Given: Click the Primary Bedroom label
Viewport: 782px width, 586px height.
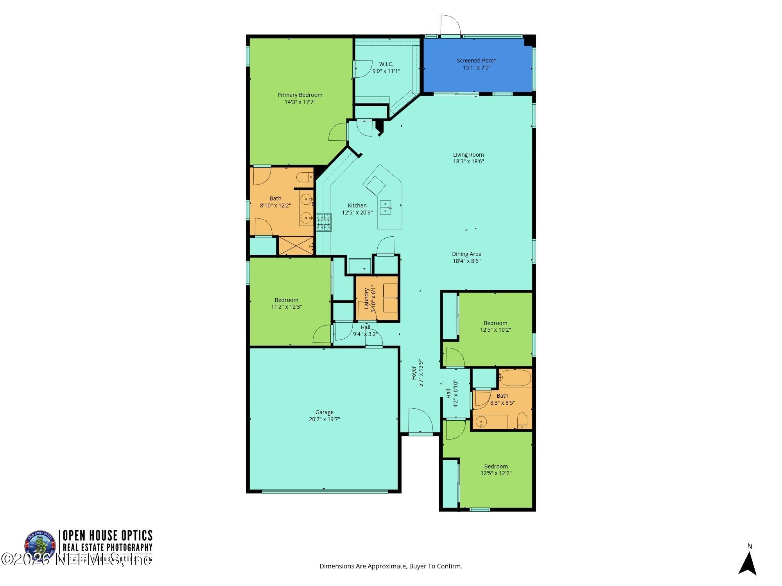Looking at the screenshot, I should [x=300, y=95].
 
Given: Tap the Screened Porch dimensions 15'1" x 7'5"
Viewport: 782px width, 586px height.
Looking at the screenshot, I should [x=476, y=68].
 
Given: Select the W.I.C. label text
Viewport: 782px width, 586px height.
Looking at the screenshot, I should [x=386, y=64].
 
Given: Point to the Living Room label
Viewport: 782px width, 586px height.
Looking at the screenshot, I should [x=468, y=155].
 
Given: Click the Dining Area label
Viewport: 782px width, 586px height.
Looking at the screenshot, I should [x=466, y=254].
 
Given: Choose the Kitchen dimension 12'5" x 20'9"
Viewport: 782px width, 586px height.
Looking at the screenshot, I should [x=357, y=213].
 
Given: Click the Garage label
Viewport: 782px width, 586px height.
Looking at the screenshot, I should [x=324, y=412].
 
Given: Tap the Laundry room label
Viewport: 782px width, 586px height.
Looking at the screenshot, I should [x=367, y=298].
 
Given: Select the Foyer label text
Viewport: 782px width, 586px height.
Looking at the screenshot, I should [x=414, y=373].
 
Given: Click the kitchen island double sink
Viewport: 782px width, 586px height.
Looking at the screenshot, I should [x=385, y=207].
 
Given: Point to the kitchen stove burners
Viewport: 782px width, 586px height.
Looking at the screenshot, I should [x=323, y=222].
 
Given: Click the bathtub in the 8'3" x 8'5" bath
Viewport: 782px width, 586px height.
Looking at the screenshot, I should [x=515, y=378].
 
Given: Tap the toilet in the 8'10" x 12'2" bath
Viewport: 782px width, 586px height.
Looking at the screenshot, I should [x=305, y=178].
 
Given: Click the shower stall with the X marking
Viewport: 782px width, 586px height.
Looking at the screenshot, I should [x=296, y=245].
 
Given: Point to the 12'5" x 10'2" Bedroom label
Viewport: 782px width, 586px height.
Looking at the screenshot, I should [x=495, y=323].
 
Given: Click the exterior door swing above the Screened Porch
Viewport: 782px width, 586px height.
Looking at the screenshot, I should [x=450, y=25].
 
